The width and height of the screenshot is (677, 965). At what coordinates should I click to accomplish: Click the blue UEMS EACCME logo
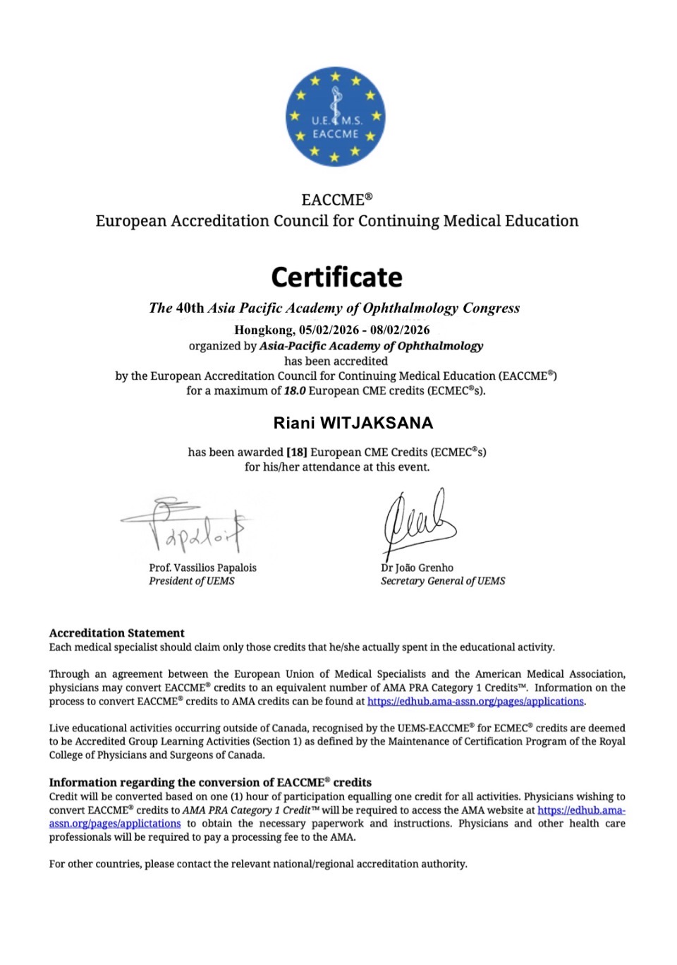coord(335,117)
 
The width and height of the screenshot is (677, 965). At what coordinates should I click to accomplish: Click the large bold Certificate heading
coord(336,277)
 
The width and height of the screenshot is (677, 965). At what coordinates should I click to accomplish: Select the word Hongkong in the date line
coord(263,330)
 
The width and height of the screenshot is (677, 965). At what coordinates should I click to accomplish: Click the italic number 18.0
coord(295,390)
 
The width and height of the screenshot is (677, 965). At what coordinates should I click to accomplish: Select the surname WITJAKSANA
coord(377,424)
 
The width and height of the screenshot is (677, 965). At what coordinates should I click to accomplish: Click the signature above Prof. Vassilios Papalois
coord(185,526)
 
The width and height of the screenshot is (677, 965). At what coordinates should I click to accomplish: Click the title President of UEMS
coord(192,581)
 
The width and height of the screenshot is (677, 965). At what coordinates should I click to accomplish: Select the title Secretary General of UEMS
coord(443,581)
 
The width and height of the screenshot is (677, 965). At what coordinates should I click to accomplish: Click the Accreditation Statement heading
coord(117,633)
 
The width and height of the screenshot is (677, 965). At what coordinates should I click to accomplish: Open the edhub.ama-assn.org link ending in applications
coord(475,702)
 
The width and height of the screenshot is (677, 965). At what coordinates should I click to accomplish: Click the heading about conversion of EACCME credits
coord(210,782)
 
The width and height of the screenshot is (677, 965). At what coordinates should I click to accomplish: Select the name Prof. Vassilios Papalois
coord(202,568)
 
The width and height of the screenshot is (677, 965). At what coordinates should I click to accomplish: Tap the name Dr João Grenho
coord(417,568)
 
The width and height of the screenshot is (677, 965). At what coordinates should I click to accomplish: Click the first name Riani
coord(294,424)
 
